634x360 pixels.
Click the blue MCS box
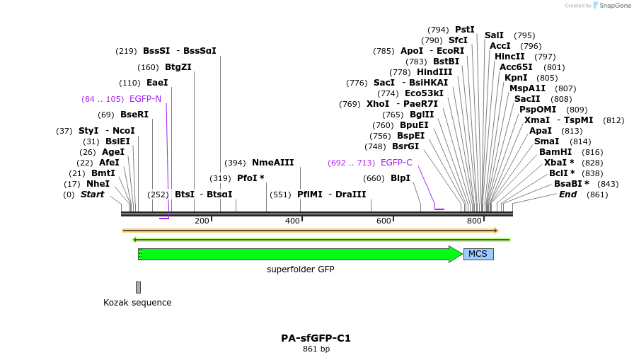(478, 254)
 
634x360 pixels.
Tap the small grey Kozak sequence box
(138, 287)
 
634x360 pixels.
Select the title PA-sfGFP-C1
(316, 338)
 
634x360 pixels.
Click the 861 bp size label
(316, 349)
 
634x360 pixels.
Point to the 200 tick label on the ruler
(202, 221)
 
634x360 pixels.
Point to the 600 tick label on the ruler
(384, 221)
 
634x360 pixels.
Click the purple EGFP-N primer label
(145, 99)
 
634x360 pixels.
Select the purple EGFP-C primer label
(396, 163)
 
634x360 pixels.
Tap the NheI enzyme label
(98, 184)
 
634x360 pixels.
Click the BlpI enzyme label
(400, 178)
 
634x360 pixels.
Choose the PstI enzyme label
(465, 30)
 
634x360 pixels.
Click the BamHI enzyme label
(555, 152)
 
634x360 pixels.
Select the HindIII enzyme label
(434, 72)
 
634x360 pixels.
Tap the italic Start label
(92, 194)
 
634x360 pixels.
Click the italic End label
(567, 194)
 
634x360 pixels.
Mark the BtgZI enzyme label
(178, 67)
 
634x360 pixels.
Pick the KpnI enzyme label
(516, 78)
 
